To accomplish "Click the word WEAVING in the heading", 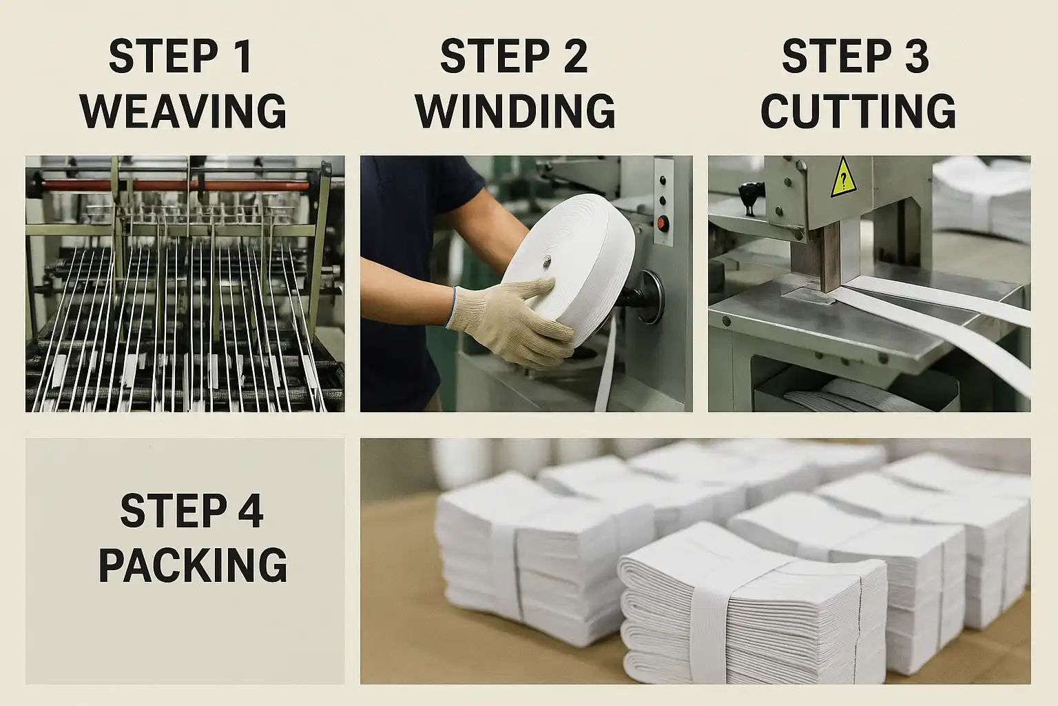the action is point(183,110).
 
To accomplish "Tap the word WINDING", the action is point(515,110).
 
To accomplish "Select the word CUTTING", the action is point(858,110).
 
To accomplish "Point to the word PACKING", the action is point(193,565).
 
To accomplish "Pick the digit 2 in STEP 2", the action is point(576,57).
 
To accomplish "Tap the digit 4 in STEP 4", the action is point(249,510).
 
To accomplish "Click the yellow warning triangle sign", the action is point(844,178).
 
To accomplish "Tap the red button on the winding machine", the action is point(663,223).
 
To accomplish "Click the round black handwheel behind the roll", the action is point(647,297).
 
